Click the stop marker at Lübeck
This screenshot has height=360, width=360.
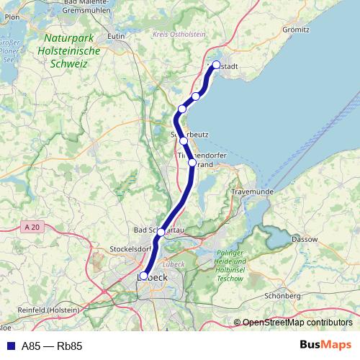click(143, 276)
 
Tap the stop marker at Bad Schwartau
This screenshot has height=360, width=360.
click(161, 232)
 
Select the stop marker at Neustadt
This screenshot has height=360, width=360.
click(216, 65)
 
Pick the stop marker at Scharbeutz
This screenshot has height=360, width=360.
click(184, 141)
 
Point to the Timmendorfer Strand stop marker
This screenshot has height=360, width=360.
click(192, 163)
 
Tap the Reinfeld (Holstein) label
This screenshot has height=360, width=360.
click(33, 309)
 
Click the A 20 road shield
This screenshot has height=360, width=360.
click(30, 227)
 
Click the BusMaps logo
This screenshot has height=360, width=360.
click(325, 345)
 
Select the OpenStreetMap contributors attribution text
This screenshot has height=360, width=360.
click(297, 323)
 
